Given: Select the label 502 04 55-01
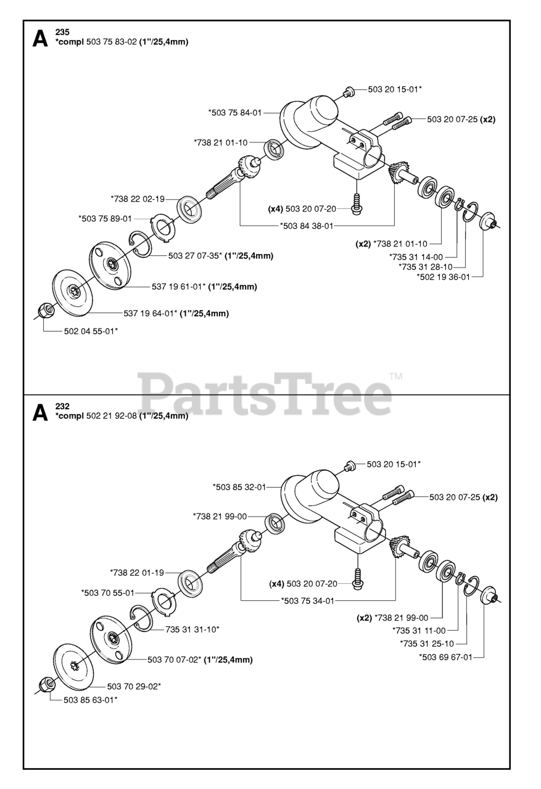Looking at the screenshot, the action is point(91,332).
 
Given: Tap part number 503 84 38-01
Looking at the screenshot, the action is point(307,226).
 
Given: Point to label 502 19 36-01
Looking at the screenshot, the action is point(444,277).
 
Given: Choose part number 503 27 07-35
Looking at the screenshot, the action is point(194,255).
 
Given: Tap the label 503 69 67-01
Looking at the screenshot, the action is point(445,657).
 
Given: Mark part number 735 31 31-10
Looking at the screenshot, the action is point(192,629).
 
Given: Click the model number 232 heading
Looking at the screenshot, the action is point(62,406).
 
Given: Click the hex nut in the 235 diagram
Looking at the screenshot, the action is point(44,311).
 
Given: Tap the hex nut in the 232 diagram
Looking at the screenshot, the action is point(46,684).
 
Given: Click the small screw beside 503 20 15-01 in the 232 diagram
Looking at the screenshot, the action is point(349,467).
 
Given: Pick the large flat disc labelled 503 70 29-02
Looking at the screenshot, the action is point(73,662).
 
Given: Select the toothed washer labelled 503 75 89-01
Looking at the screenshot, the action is point(163,226).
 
